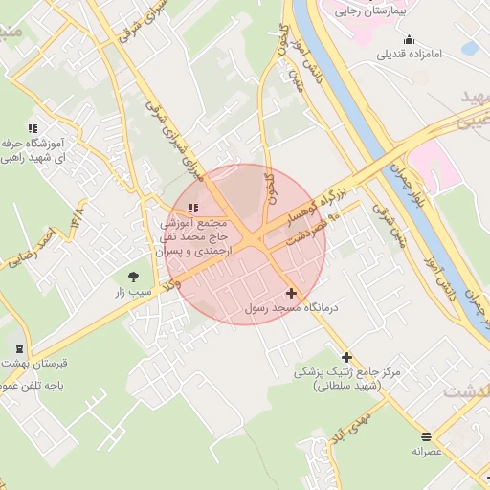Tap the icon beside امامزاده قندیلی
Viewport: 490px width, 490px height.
tap(410, 39)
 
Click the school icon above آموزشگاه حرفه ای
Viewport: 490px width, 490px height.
tap(33, 127)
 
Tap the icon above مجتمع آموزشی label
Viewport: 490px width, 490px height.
tap(194, 208)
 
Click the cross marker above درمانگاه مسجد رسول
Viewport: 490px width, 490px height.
tap(291, 293)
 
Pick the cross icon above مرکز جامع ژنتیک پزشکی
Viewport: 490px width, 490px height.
tap(347, 356)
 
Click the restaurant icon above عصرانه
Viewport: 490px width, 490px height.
tap(426, 436)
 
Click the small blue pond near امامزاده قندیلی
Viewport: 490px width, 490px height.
tap(470, 48)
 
